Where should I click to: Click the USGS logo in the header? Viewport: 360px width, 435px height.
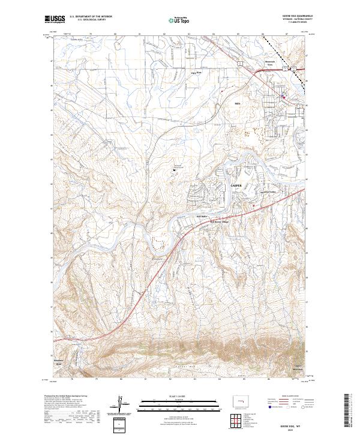point(55,19)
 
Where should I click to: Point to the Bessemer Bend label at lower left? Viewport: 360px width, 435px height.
point(59,362)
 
